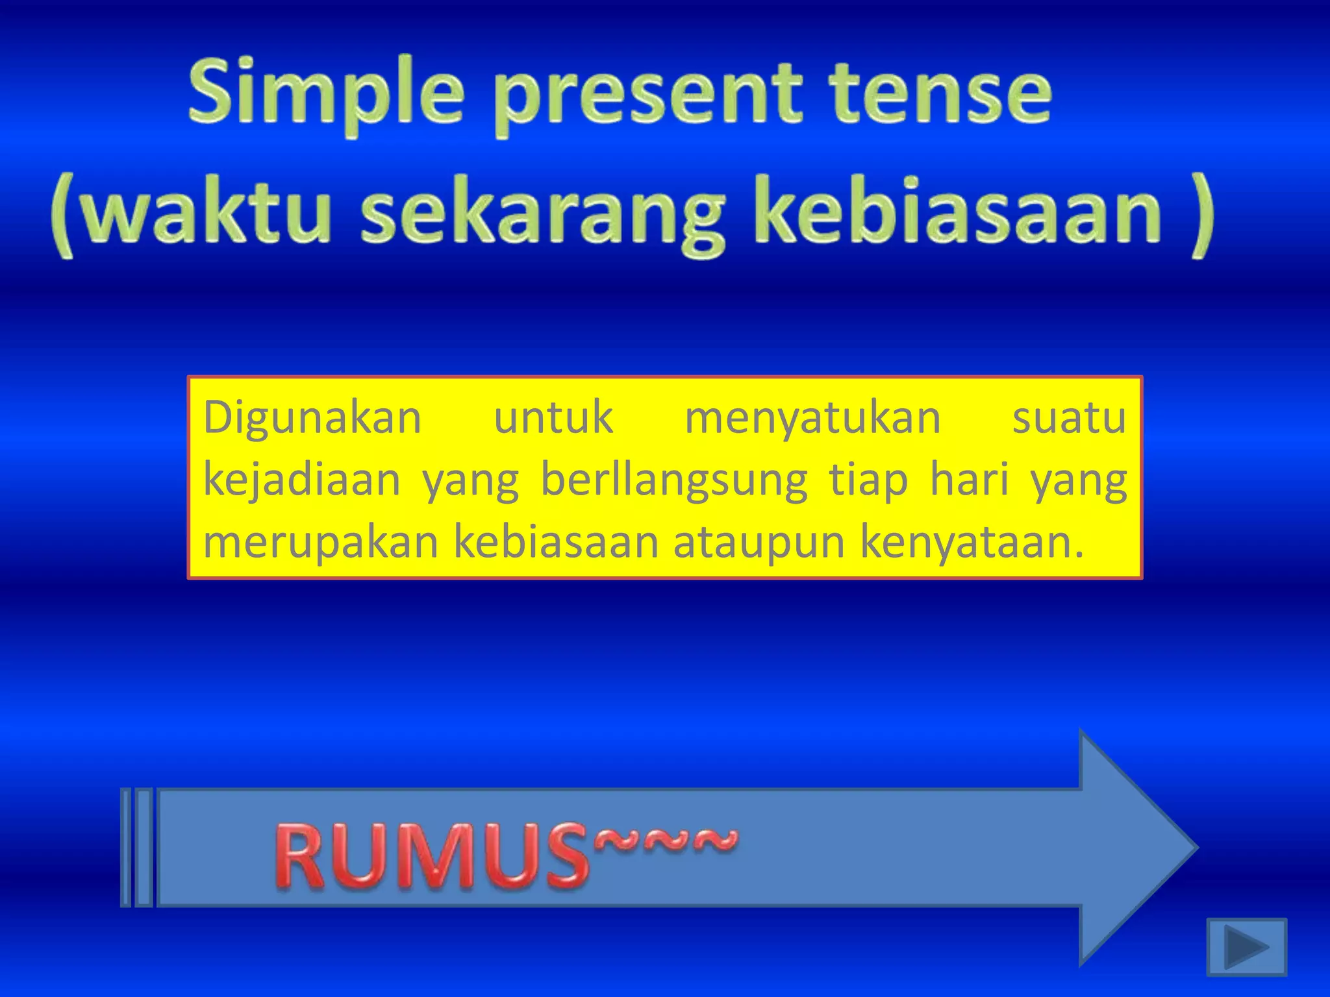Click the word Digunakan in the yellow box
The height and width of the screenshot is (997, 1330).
pyautogui.click(x=312, y=419)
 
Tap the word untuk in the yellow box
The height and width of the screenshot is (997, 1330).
pyautogui.click(x=553, y=418)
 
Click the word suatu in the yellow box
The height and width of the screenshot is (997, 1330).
pyautogui.click(x=1069, y=418)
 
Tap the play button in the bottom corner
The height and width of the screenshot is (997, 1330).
pyautogui.click(x=1246, y=946)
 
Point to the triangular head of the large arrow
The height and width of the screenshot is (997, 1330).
pyautogui.click(x=1136, y=847)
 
